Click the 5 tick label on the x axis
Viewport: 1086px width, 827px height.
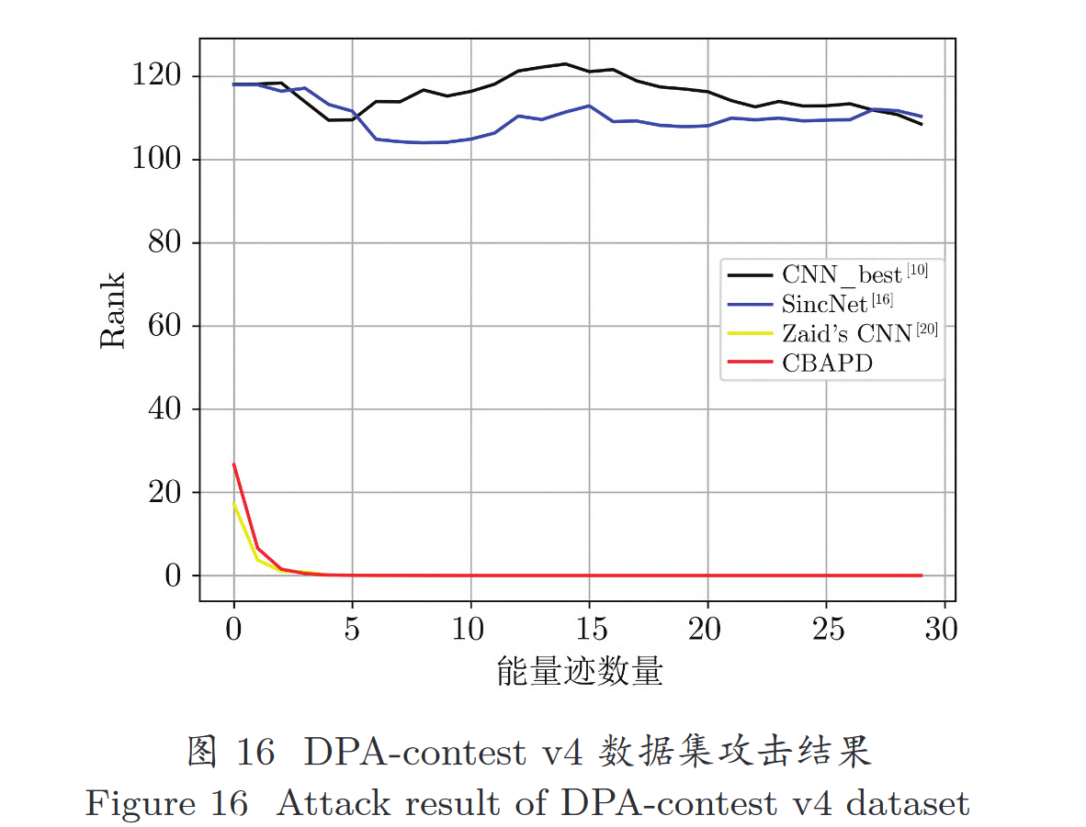coord(352,630)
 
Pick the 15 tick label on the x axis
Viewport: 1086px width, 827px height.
coord(589,630)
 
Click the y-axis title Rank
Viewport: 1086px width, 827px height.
coord(113,309)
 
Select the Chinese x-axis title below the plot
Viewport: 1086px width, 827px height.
coord(579,673)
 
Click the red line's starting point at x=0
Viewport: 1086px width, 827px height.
coord(234,464)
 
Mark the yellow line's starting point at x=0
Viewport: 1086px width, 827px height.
coord(234,503)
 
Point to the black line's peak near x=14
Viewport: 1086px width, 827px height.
coord(565,64)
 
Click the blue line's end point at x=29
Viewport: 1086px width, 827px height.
coord(921,117)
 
